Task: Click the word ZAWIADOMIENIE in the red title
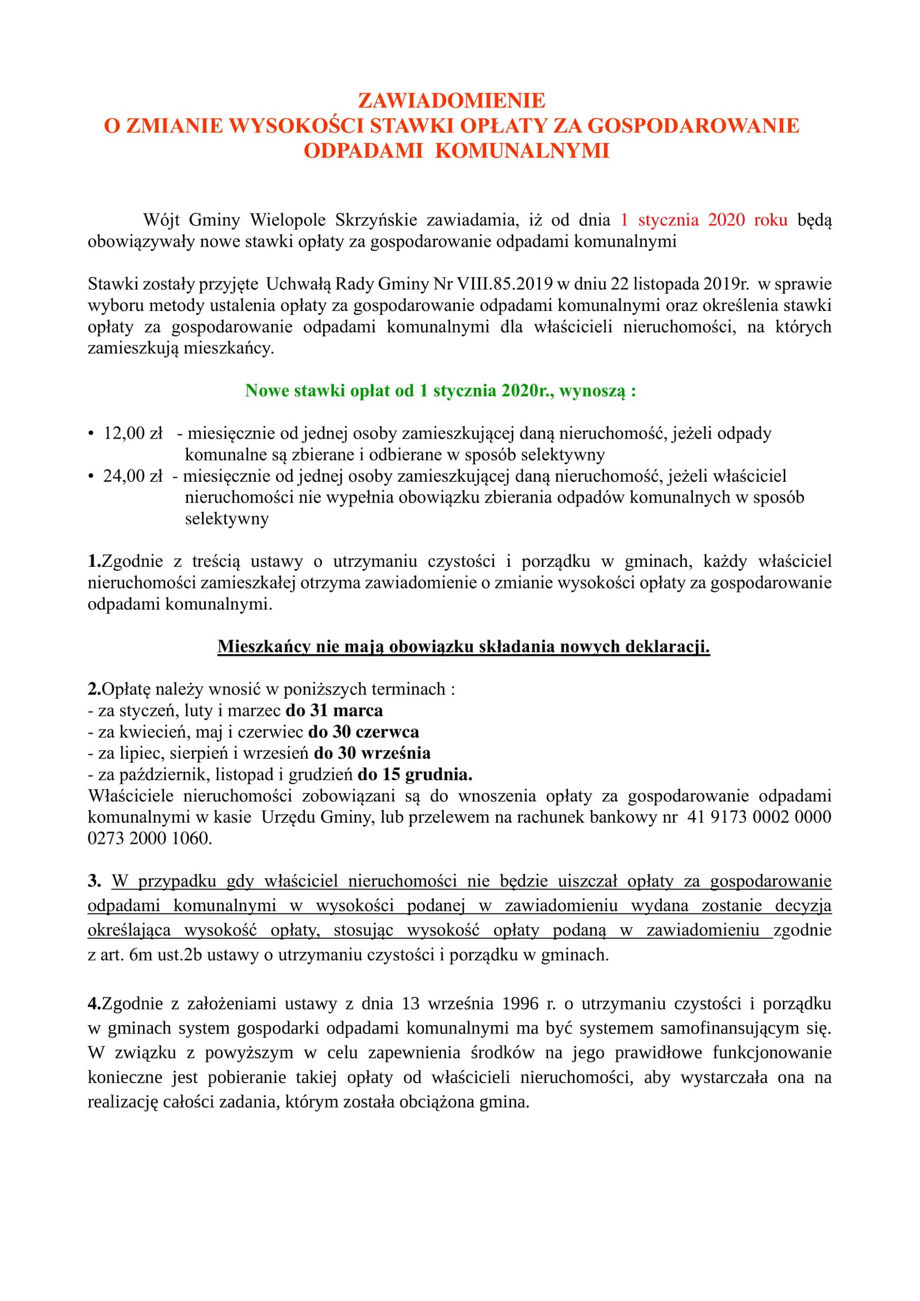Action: click(451, 101)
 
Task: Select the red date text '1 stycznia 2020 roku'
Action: click(704, 220)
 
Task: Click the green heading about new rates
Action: click(440, 391)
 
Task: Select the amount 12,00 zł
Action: click(133, 433)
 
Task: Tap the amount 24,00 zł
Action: click(133, 476)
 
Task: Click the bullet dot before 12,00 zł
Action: click(91, 433)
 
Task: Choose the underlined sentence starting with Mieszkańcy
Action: click(463, 647)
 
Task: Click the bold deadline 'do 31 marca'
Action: click(334, 711)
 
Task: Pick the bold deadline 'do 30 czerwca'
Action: click(363, 732)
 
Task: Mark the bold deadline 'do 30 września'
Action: click(372, 753)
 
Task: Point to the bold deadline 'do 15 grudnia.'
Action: click(415, 775)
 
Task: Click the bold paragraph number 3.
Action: click(94, 881)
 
